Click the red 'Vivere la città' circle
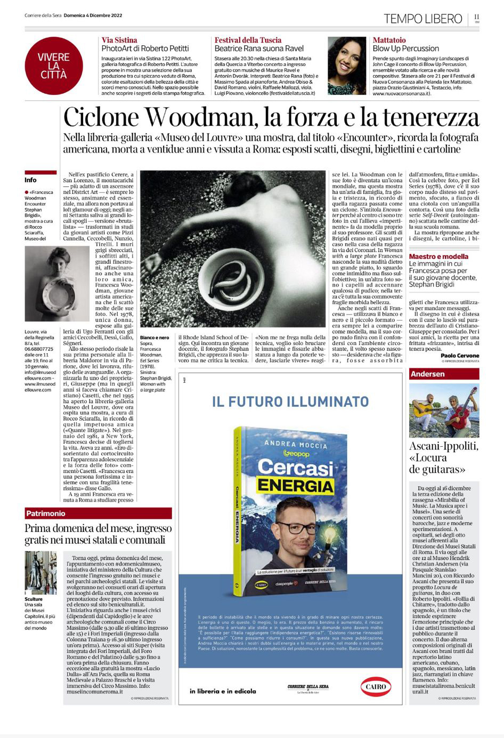point(53,65)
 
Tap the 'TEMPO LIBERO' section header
point(423,19)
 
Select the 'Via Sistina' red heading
point(119,40)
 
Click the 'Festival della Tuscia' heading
point(248,40)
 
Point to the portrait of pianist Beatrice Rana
point(347,65)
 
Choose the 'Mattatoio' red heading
point(389,40)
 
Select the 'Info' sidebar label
point(30,180)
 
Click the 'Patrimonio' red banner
point(46,513)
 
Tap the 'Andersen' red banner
point(427,374)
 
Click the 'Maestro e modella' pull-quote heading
point(438,256)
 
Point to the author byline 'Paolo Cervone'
point(460,355)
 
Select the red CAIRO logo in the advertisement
point(376,687)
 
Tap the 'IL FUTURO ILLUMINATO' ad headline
point(290,401)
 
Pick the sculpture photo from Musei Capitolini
point(40,572)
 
